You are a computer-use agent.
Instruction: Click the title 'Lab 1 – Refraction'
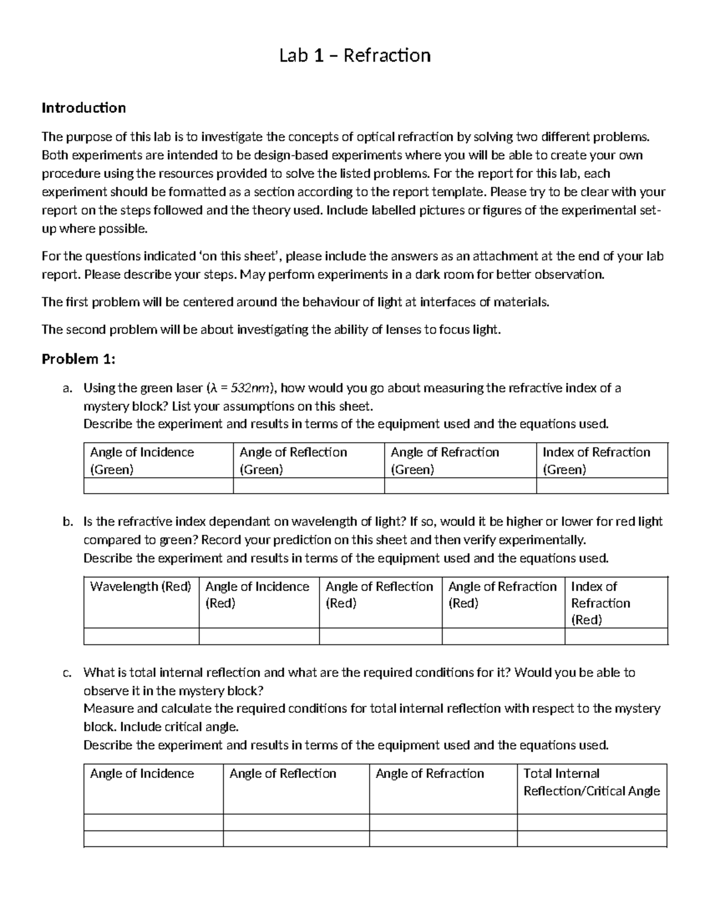(x=355, y=56)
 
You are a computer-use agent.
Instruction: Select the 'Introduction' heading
(x=83, y=108)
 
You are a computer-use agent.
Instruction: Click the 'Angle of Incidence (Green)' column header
(x=142, y=460)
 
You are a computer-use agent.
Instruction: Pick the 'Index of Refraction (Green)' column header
(x=596, y=460)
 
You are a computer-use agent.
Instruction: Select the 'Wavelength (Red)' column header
(x=141, y=586)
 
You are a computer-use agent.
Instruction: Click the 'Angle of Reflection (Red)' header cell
(x=379, y=595)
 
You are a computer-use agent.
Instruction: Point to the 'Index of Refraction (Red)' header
(x=600, y=603)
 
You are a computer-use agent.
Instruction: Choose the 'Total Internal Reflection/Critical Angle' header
(x=591, y=782)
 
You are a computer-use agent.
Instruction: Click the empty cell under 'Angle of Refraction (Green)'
(x=460, y=486)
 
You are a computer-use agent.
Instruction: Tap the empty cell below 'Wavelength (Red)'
(x=141, y=636)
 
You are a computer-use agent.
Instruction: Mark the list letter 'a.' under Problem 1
(x=67, y=388)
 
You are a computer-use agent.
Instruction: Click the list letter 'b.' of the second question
(x=67, y=522)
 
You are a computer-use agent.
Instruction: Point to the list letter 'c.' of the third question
(x=67, y=673)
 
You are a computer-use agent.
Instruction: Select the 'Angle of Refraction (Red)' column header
(x=502, y=595)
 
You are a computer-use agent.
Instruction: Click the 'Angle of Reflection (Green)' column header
(x=293, y=460)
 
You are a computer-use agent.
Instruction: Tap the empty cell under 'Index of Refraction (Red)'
(x=616, y=636)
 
